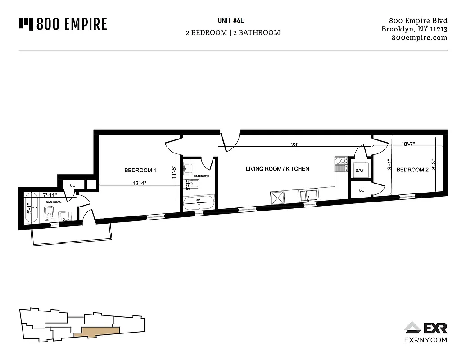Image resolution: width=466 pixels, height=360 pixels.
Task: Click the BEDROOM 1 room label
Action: click(x=140, y=171)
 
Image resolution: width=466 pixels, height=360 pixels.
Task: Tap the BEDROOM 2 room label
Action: click(x=412, y=170)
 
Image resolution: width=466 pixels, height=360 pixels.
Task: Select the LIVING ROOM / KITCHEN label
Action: click(x=277, y=169)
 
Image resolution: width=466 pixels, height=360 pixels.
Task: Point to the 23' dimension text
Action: click(x=295, y=145)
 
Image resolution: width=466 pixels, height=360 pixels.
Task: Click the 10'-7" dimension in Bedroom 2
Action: click(x=407, y=144)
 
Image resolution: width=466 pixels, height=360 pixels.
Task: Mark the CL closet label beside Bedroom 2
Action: click(x=361, y=191)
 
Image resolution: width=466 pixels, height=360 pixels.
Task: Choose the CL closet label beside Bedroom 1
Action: click(x=72, y=185)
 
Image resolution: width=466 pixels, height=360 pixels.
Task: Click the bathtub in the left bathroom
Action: click(x=31, y=207)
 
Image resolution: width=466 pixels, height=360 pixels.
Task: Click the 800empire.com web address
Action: click(x=420, y=38)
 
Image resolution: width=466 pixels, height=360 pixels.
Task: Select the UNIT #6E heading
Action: click(x=233, y=20)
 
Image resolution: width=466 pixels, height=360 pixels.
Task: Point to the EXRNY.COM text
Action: click(x=425, y=340)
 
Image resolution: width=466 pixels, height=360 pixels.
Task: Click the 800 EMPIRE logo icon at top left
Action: click(x=26, y=23)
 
